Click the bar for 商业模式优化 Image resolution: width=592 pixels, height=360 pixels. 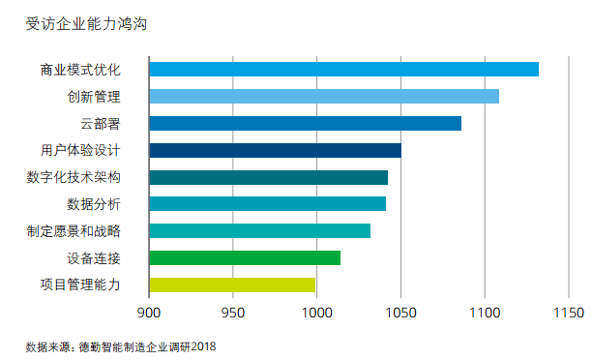click(x=343, y=70)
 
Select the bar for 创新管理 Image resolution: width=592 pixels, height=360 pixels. click(x=324, y=96)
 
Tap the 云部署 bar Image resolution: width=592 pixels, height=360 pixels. click(x=305, y=123)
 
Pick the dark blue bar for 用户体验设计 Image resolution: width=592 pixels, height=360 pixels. click(x=275, y=150)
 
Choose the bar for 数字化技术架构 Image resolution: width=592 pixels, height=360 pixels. click(x=268, y=177)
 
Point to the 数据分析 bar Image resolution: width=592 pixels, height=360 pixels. click(x=267, y=203)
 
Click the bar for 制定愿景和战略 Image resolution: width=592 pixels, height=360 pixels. click(x=259, y=230)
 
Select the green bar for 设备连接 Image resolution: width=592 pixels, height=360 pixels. click(x=245, y=257)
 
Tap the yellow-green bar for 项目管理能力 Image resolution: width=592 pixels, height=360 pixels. click(x=232, y=285)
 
